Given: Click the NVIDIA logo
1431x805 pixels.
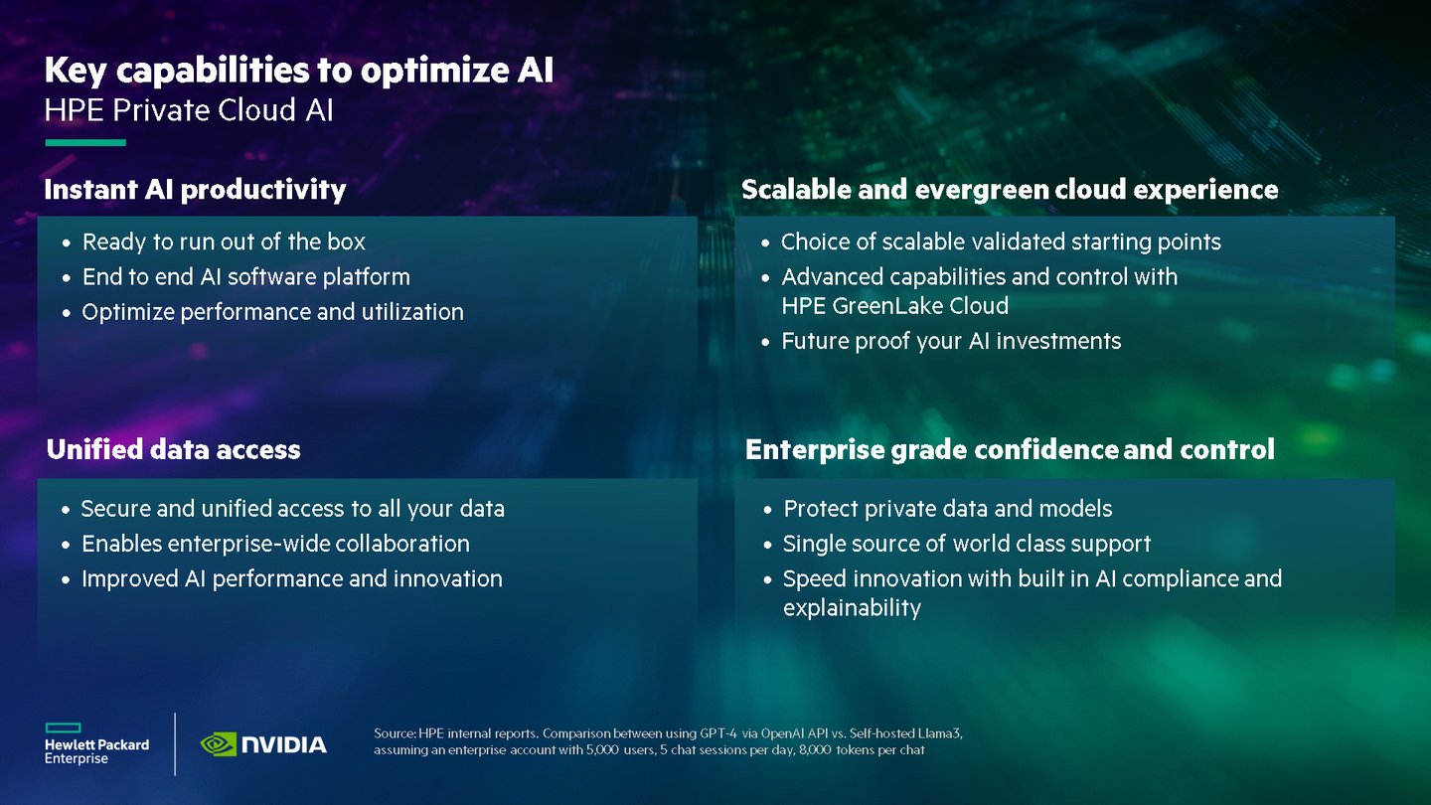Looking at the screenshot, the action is point(263,744).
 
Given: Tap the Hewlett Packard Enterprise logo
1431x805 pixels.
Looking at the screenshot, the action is point(96,743).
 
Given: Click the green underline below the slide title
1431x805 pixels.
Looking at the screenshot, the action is point(85,142).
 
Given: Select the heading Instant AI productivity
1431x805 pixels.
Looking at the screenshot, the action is point(195,190).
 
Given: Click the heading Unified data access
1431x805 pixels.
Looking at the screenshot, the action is point(173,449).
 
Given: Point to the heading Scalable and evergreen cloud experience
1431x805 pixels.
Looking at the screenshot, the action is point(1010,190).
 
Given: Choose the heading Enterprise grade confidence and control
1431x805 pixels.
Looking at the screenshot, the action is point(1010,449).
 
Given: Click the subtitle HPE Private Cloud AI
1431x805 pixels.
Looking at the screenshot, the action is point(189,110).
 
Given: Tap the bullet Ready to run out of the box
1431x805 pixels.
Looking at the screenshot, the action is point(224,242).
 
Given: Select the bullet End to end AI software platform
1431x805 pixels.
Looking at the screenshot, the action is point(246,277).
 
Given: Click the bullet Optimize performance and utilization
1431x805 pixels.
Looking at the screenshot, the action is point(272,312).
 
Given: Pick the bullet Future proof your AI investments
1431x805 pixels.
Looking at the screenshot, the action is point(951,341).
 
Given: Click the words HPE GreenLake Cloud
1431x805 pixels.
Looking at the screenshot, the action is point(895,306).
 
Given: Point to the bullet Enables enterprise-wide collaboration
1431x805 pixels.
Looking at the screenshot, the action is point(275,544).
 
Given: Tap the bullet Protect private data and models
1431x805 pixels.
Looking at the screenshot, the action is point(948,509).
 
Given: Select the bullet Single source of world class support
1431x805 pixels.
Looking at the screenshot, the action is point(967,544).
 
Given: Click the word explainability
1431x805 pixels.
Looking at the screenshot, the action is point(853,607).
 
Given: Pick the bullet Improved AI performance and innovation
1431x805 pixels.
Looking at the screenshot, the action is point(292,578).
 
